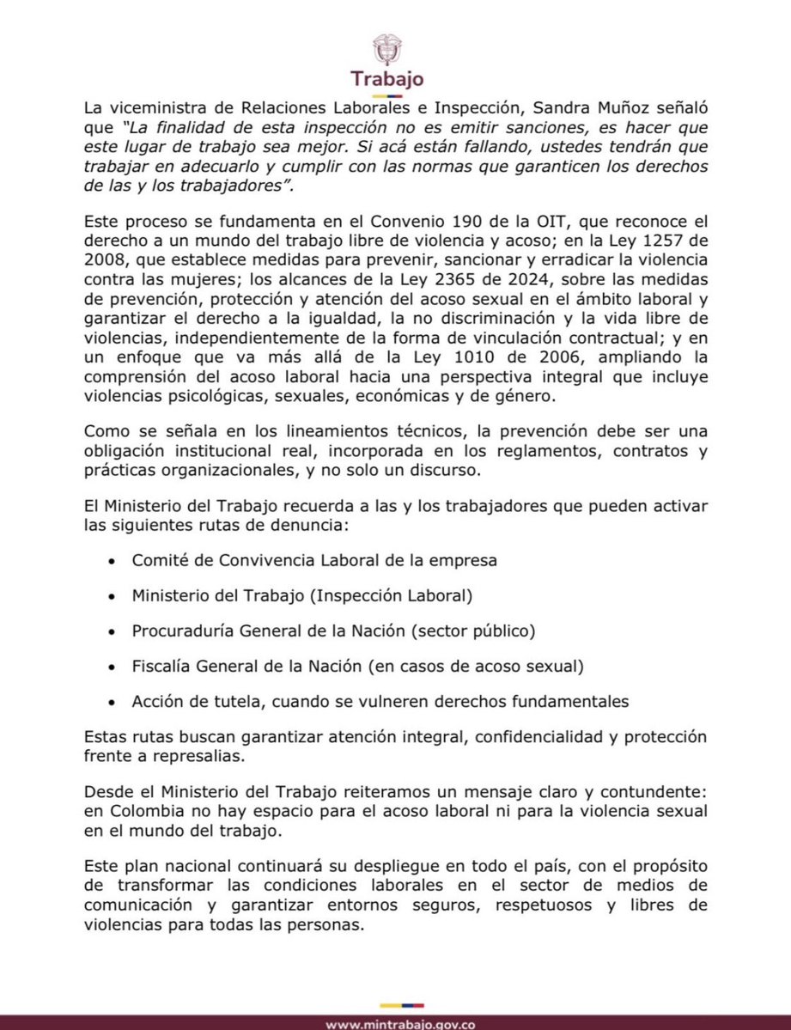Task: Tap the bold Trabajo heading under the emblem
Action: click(x=386, y=79)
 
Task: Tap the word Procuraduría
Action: click(x=182, y=631)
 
